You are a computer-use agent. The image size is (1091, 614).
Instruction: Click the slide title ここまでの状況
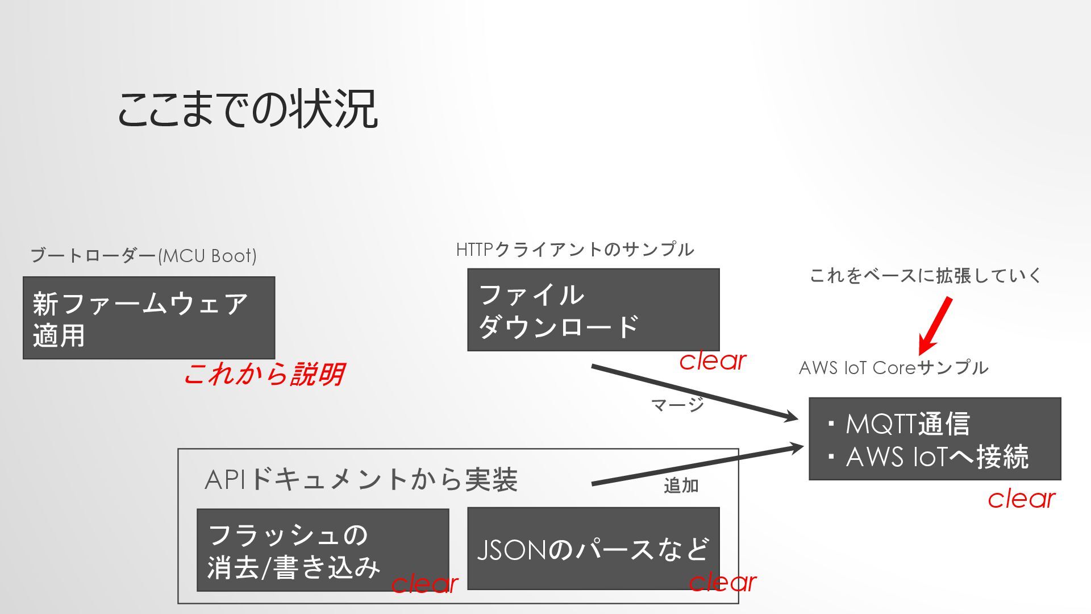click(x=247, y=109)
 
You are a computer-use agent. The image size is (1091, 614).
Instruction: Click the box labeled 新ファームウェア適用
click(x=148, y=318)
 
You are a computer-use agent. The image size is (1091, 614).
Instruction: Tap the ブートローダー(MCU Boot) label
click(x=143, y=256)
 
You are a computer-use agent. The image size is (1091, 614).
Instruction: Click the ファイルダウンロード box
click(x=593, y=310)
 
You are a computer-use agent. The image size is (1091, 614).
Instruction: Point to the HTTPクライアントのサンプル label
click(x=574, y=250)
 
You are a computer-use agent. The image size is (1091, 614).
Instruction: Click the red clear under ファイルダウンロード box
click(x=713, y=360)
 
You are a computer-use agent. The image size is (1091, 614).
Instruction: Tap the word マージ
click(x=677, y=405)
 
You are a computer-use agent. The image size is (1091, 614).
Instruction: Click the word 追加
click(x=681, y=486)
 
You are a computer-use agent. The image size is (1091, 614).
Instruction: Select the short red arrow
click(x=935, y=326)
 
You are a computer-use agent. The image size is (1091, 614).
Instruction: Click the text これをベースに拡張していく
click(x=925, y=276)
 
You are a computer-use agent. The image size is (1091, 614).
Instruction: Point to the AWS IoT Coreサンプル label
click(x=893, y=368)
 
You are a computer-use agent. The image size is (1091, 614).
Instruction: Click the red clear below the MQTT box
click(x=1021, y=499)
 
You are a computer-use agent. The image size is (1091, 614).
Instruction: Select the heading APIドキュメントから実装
click(x=361, y=479)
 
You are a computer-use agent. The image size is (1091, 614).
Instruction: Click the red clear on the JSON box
click(x=722, y=582)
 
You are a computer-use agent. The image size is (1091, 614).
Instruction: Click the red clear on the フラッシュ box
click(x=424, y=583)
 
